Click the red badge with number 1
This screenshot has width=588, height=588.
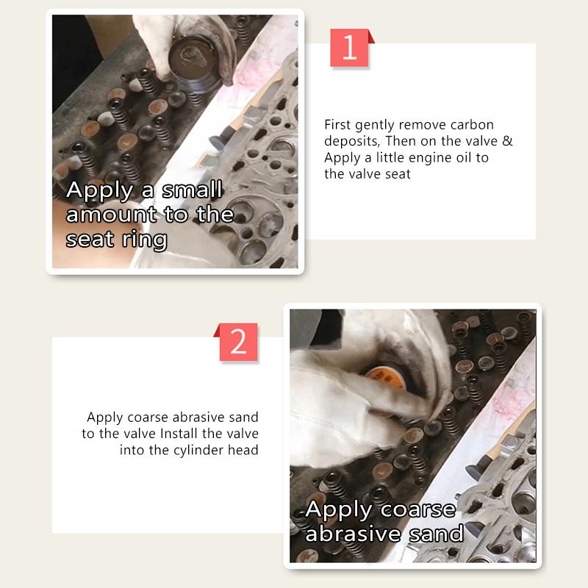(x=349, y=48)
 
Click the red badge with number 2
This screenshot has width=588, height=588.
(x=239, y=342)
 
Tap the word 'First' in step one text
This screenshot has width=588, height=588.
(x=338, y=125)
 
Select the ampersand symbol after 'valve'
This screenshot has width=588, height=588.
(x=507, y=141)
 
